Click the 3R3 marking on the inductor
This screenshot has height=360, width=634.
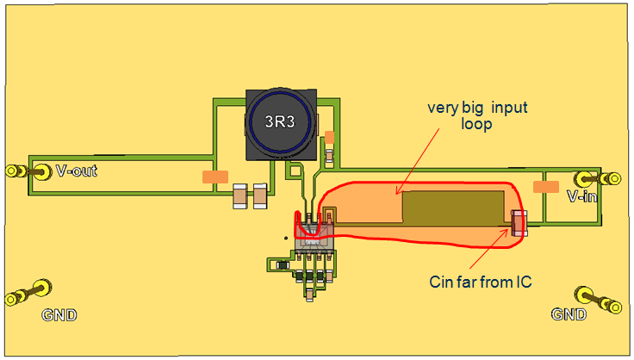[279, 122]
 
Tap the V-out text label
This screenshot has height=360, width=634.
[76, 171]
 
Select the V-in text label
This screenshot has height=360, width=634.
[583, 196]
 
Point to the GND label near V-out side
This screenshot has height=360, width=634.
[59, 315]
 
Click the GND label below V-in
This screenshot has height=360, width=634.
[569, 314]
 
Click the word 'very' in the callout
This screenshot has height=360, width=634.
[444, 109]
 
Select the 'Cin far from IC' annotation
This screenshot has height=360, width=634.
[482, 281]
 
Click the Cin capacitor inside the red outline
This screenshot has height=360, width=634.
[519, 224]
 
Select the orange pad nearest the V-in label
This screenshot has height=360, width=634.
[545, 186]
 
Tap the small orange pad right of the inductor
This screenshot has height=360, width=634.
[329, 137]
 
